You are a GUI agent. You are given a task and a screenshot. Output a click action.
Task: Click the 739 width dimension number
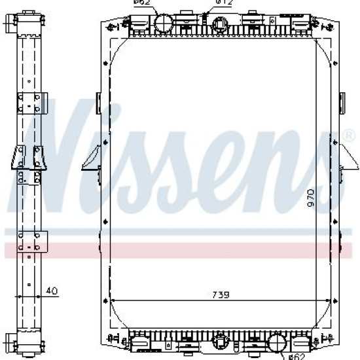221,295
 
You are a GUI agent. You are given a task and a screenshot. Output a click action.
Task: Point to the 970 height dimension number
311,198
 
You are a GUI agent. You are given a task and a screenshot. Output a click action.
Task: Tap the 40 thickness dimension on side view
52,291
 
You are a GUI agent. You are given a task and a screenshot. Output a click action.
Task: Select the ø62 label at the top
141,3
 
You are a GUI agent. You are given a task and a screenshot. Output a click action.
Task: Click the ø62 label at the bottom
297,357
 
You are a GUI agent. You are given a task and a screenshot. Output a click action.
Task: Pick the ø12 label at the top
224,3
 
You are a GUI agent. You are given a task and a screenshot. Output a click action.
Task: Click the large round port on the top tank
163,22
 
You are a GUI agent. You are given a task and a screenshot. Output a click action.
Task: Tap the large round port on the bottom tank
278,343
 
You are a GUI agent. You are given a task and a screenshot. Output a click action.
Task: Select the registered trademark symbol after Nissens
348,135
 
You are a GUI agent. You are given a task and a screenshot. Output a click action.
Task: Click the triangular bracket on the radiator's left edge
91,158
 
